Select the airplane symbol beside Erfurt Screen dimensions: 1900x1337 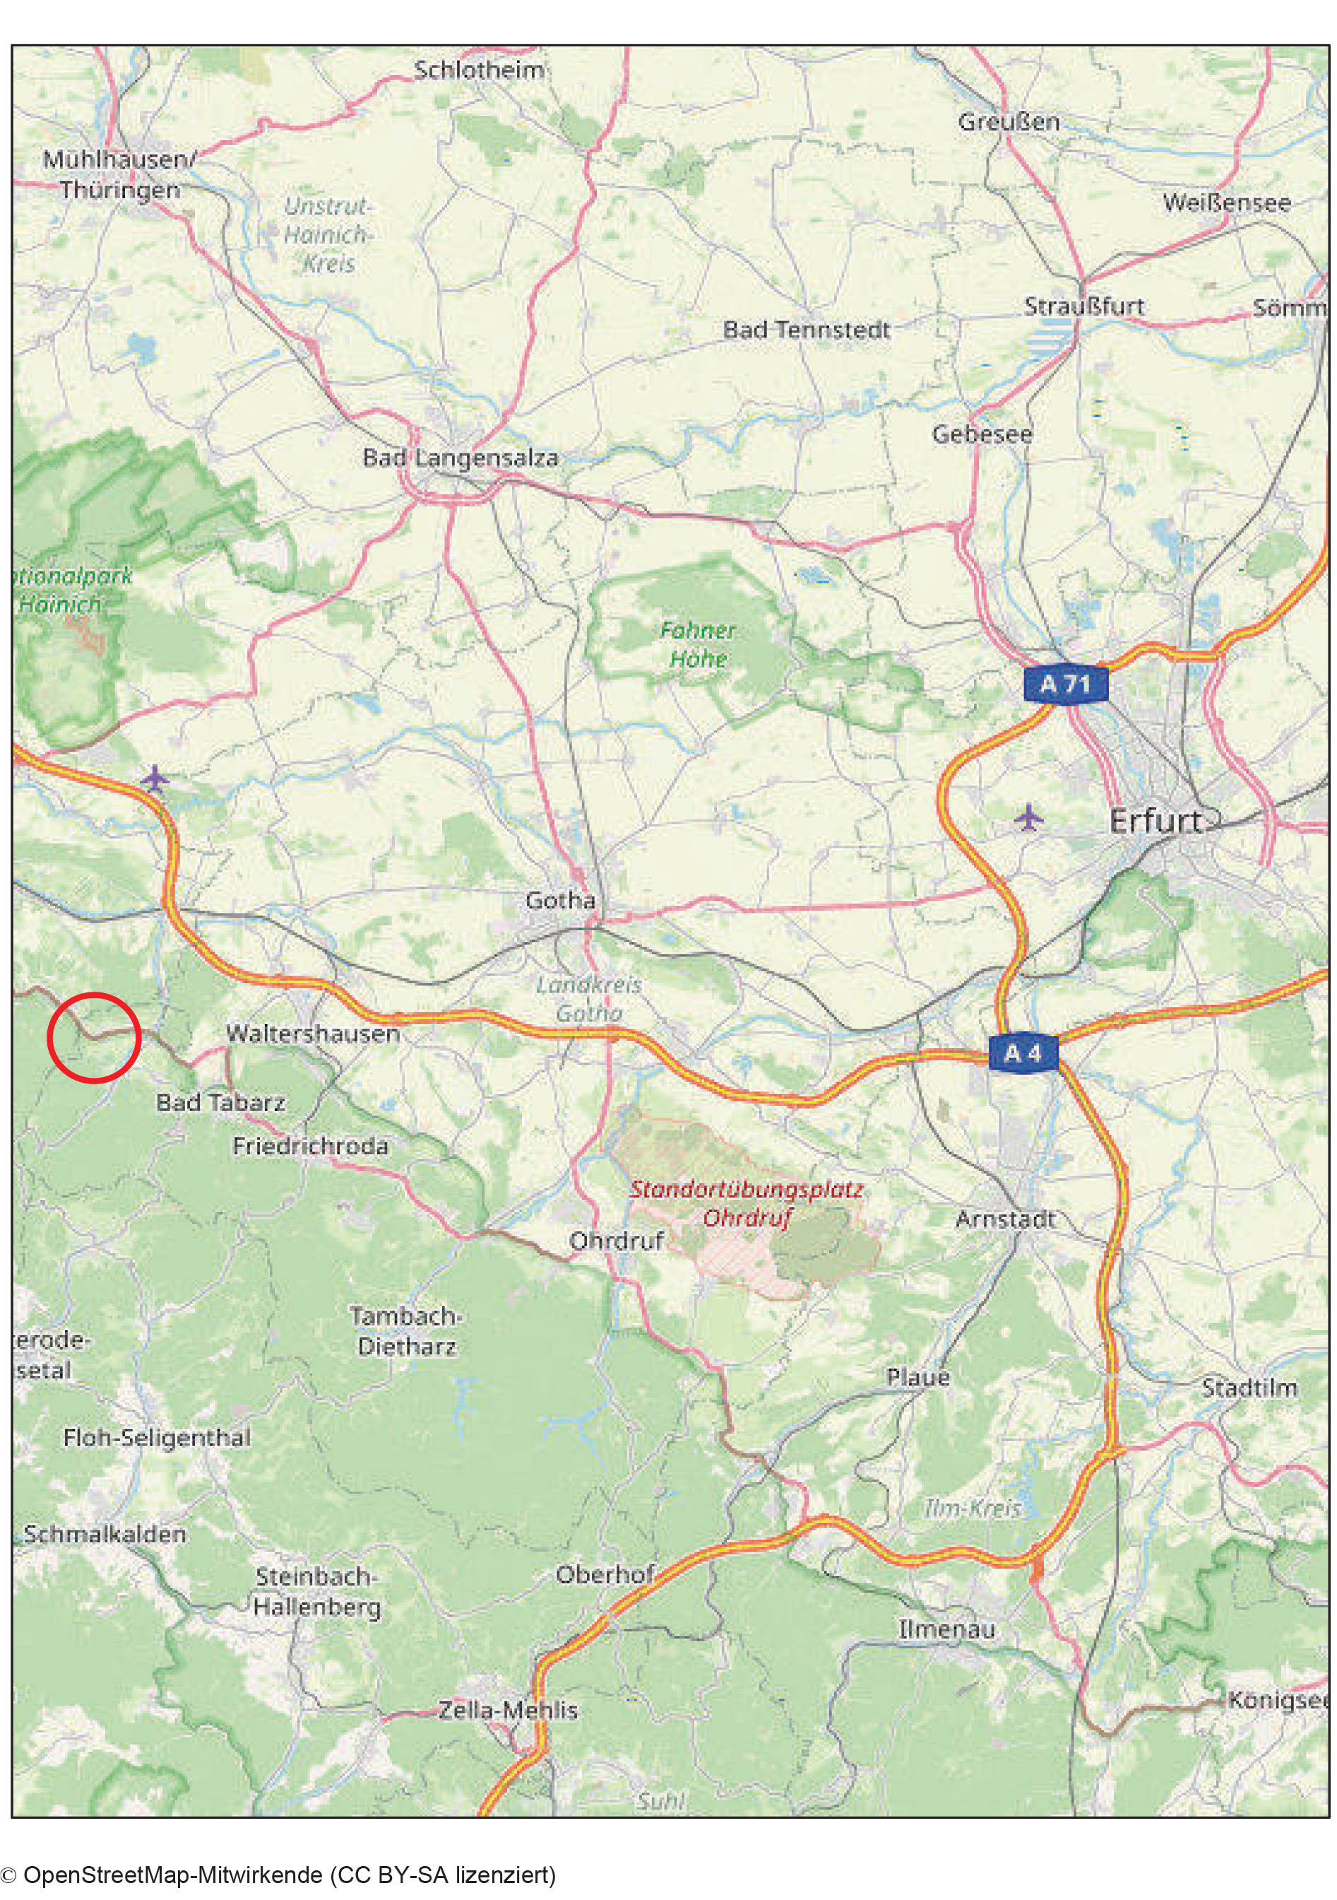1028,818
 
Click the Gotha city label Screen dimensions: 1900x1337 560,901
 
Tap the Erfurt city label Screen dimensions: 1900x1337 1155,821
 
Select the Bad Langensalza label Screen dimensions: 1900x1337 460,458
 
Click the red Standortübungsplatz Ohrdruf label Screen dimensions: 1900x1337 747,1204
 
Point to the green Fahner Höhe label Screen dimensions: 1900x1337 697,645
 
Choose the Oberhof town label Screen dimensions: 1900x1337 605,1575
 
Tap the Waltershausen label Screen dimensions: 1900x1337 313,1033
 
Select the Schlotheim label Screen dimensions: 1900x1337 479,71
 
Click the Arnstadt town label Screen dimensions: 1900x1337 1005,1219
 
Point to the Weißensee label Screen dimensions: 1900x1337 1226,203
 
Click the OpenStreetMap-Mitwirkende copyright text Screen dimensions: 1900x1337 279,1874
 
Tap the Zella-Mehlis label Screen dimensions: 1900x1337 507,1710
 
